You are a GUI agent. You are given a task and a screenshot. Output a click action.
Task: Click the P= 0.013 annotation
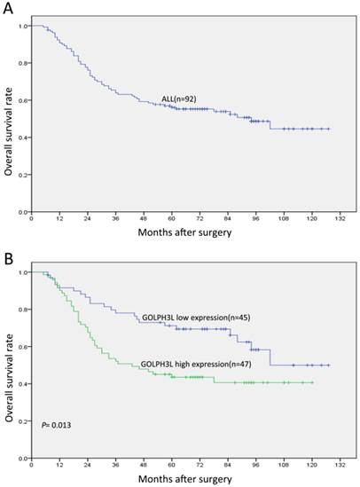[58, 426]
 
